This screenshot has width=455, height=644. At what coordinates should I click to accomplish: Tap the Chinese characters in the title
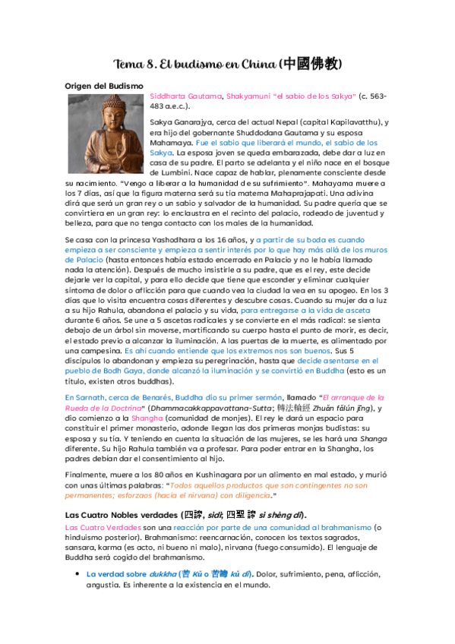coord(311,63)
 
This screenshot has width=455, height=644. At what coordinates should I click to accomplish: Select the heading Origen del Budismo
coord(104,86)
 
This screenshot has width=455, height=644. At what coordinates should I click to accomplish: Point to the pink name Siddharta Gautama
coord(186,96)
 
